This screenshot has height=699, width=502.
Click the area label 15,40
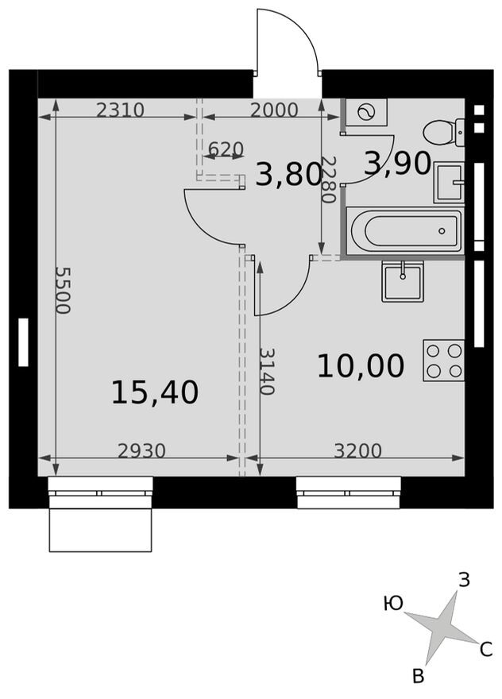(x=154, y=392)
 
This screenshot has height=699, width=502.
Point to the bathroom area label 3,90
(x=397, y=164)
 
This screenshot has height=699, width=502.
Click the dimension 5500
(x=63, y=290)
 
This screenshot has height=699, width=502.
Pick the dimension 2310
(x=120, y=110)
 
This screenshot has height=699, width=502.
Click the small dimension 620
(x=226, y=149)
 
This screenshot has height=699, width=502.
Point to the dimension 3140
(x=268, y=371)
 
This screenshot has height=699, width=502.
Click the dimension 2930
(x=141, y=451)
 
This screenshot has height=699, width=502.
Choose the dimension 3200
(x=357, y=451)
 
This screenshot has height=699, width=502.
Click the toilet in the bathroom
(x=443, y=131)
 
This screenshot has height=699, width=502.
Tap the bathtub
(x=404, y=231)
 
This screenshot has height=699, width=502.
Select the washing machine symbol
(x=366, y=113)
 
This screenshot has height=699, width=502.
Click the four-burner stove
(x=443, y=360)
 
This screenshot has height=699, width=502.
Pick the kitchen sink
(x=403, y=280)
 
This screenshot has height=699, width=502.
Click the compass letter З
(x=464, y=581)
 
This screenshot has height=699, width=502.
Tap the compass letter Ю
(x=392, y=604)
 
